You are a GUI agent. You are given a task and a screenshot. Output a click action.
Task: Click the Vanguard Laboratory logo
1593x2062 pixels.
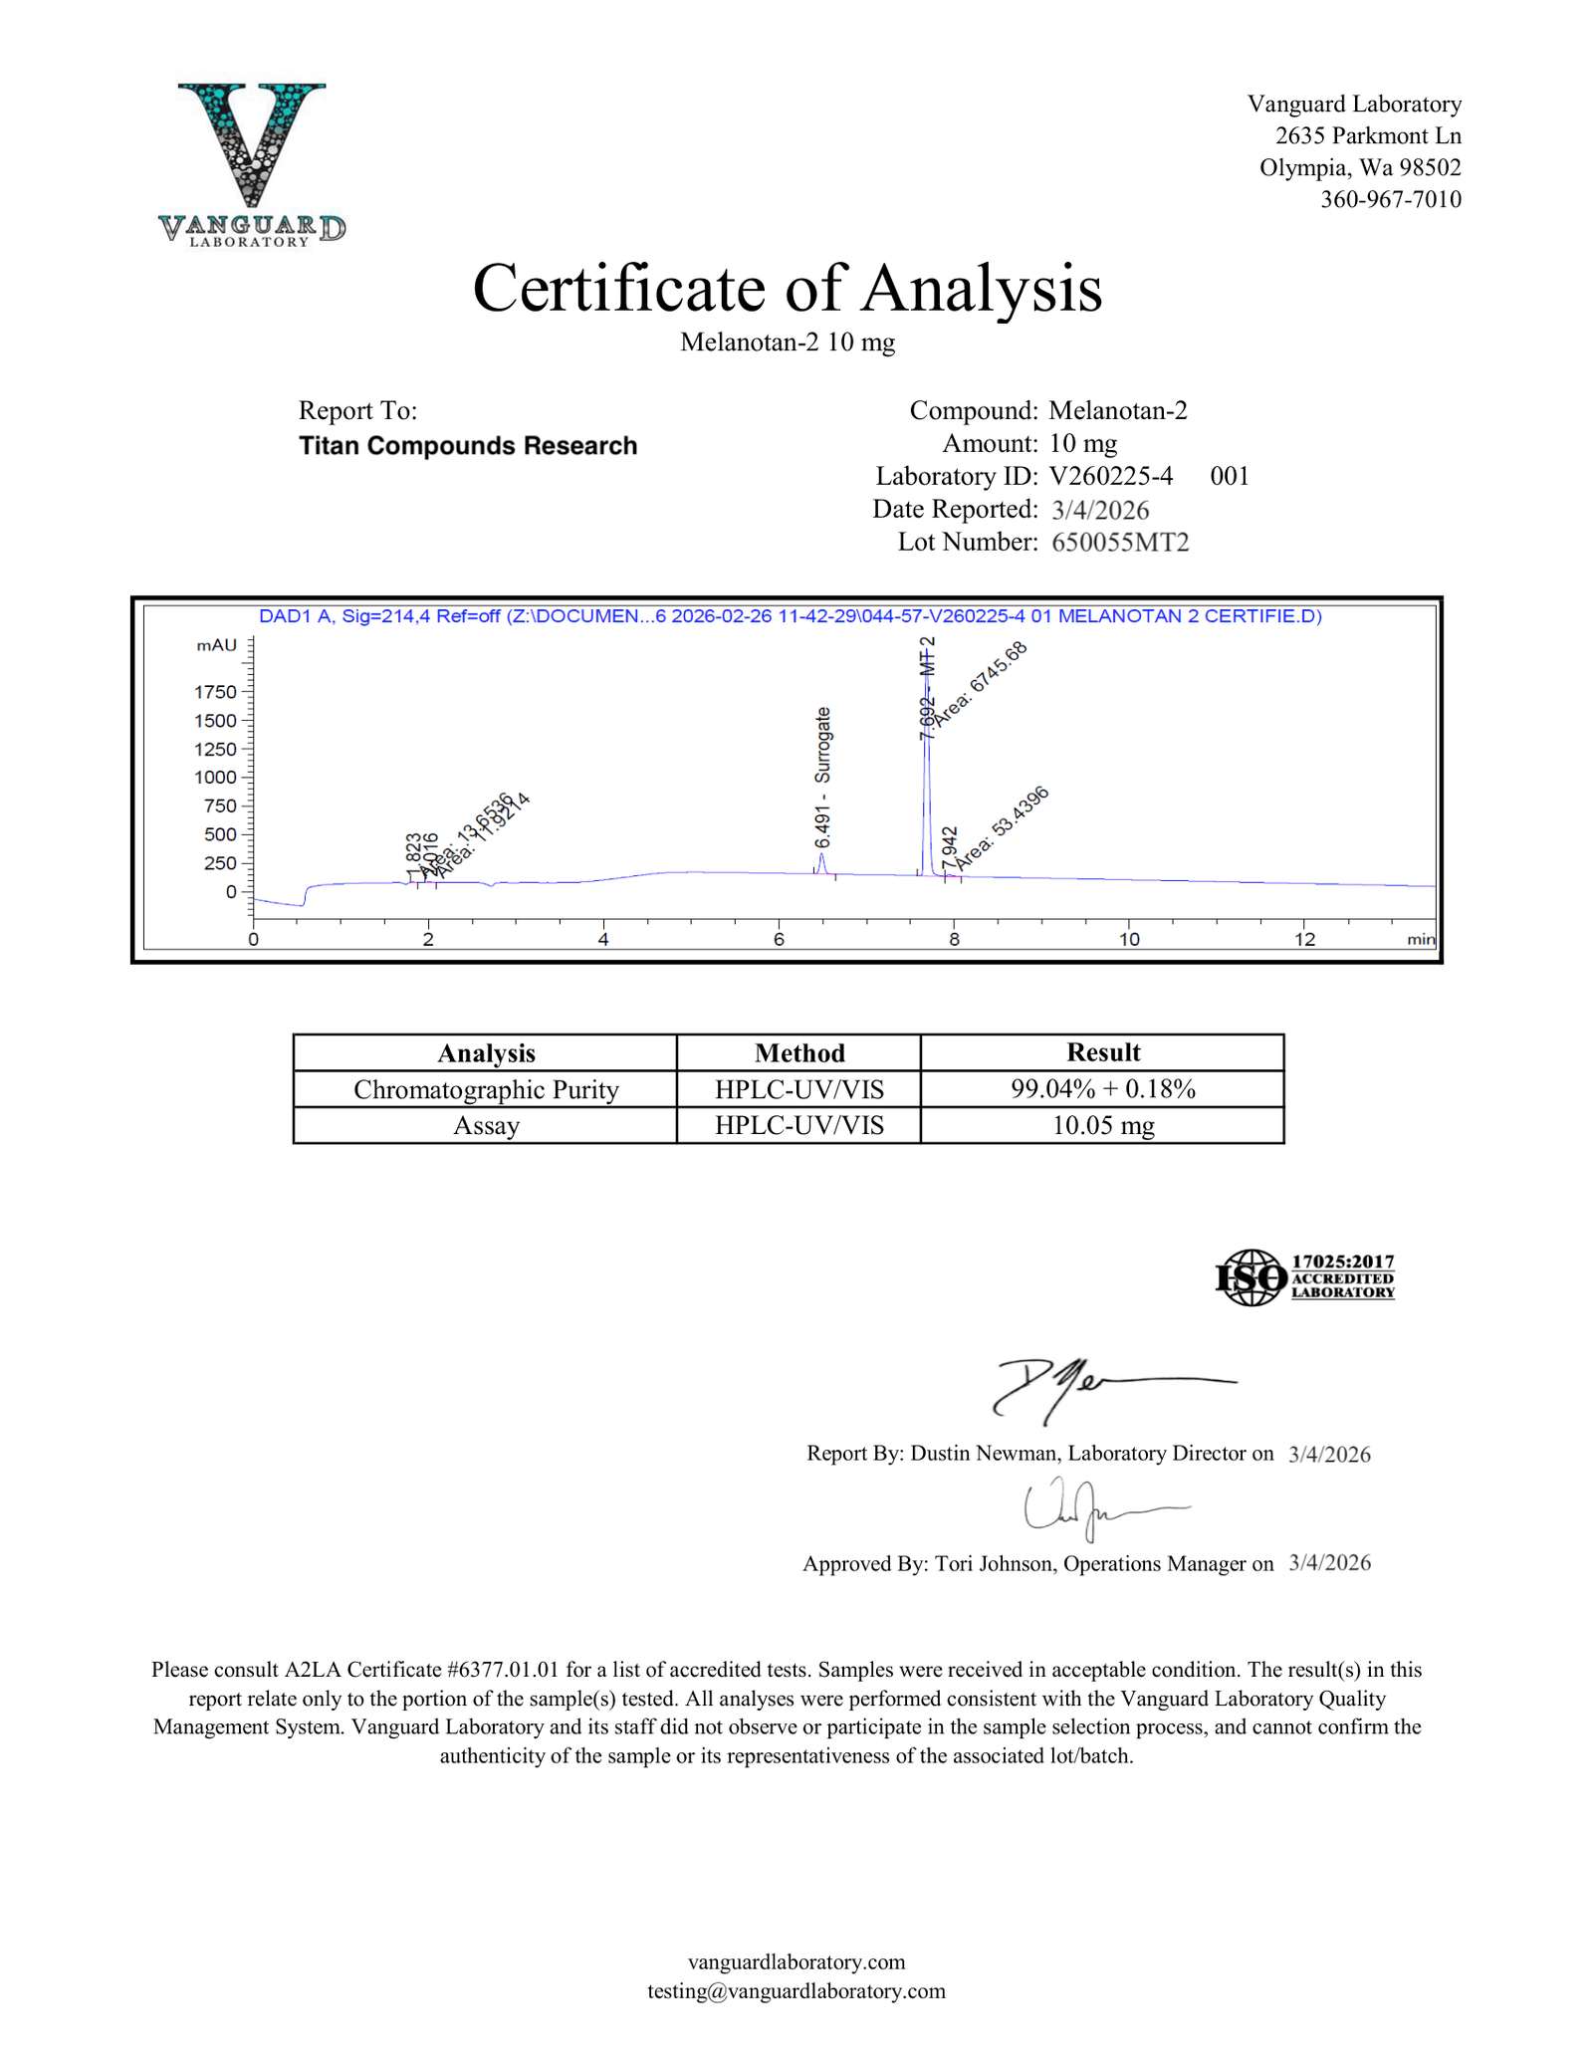[252, 164]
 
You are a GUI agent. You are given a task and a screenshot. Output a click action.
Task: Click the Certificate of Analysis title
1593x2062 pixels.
[787, 289]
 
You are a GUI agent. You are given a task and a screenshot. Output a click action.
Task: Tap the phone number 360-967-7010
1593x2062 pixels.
[1390, 199]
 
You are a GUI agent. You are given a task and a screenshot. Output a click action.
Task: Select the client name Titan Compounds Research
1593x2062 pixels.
[468, 445]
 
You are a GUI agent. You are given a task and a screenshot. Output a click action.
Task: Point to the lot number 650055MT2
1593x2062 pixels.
[1120, 543]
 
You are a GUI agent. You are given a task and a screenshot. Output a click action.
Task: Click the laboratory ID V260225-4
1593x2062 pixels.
[1111, 476]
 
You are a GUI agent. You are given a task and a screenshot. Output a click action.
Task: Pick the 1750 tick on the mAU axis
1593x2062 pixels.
[216, 692]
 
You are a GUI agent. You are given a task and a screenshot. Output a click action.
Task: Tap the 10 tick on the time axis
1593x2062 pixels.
[1129, 939]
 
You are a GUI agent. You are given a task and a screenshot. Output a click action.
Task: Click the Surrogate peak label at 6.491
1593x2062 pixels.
[822, 777]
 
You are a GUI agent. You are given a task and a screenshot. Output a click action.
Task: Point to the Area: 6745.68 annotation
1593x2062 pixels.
[981, 683]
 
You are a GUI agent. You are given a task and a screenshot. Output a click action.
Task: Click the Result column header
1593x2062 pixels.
[1102, 1052]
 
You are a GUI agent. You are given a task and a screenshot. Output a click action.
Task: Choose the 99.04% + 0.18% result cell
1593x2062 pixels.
[1102, 1088]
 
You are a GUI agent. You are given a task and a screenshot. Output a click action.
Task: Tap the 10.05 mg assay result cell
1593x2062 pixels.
[1102, 1126]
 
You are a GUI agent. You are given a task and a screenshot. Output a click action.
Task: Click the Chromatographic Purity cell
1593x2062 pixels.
[486, 1089]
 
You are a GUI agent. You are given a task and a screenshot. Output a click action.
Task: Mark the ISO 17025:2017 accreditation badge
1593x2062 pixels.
[1304, 1277]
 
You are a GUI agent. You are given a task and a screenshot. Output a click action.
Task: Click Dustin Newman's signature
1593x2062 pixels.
[1095, 1387]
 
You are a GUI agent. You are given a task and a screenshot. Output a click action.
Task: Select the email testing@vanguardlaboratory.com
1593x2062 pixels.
[796, 1990]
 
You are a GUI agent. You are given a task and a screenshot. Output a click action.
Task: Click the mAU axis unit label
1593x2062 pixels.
[217, 645]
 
